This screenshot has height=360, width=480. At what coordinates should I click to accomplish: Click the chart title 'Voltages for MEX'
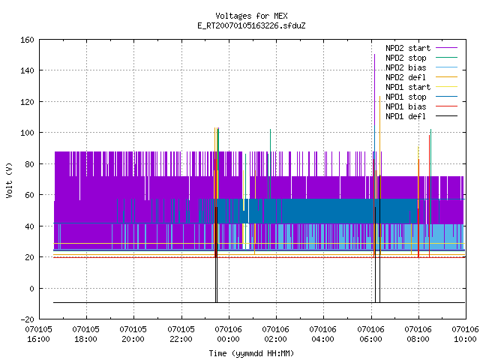[x=251, y=16]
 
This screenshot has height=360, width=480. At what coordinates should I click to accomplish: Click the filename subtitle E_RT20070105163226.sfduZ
[x=251, y=25]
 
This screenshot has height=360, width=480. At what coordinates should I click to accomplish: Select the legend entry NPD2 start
[x=421, y=48]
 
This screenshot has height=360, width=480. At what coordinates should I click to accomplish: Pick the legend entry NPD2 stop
[x=421, y=58]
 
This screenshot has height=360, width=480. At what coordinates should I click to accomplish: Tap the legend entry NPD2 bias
[x=421, y=67]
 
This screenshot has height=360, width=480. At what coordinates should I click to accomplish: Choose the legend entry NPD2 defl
[x=421, y=77]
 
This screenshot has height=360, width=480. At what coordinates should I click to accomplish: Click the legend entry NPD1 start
[x=421, y=87]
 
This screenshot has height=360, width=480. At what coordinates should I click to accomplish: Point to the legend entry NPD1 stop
[x=421, y=97]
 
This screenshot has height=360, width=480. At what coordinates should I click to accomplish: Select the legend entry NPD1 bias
[x=421, y=106]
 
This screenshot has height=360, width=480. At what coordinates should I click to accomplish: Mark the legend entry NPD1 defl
[x=421, y=117]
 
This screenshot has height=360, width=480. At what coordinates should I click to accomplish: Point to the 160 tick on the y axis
[x=27, y=40]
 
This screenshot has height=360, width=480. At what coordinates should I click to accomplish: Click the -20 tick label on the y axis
[x=27, y=319]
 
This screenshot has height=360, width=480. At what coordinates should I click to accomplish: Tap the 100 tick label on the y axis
[x=27, y=133]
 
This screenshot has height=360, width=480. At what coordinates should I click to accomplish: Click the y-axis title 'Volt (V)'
[x=9, y=180]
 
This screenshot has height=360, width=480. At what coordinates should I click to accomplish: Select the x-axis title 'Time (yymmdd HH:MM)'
[x=251, y=353]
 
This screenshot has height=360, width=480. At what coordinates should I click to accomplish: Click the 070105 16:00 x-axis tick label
[x=38, y=334]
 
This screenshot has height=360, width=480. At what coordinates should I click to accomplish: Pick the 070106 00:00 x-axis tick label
[x=228, y=334]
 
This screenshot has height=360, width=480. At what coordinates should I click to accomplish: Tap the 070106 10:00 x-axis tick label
[x=465, y=334]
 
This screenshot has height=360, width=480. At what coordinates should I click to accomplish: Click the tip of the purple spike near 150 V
[x=375, y=55]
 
